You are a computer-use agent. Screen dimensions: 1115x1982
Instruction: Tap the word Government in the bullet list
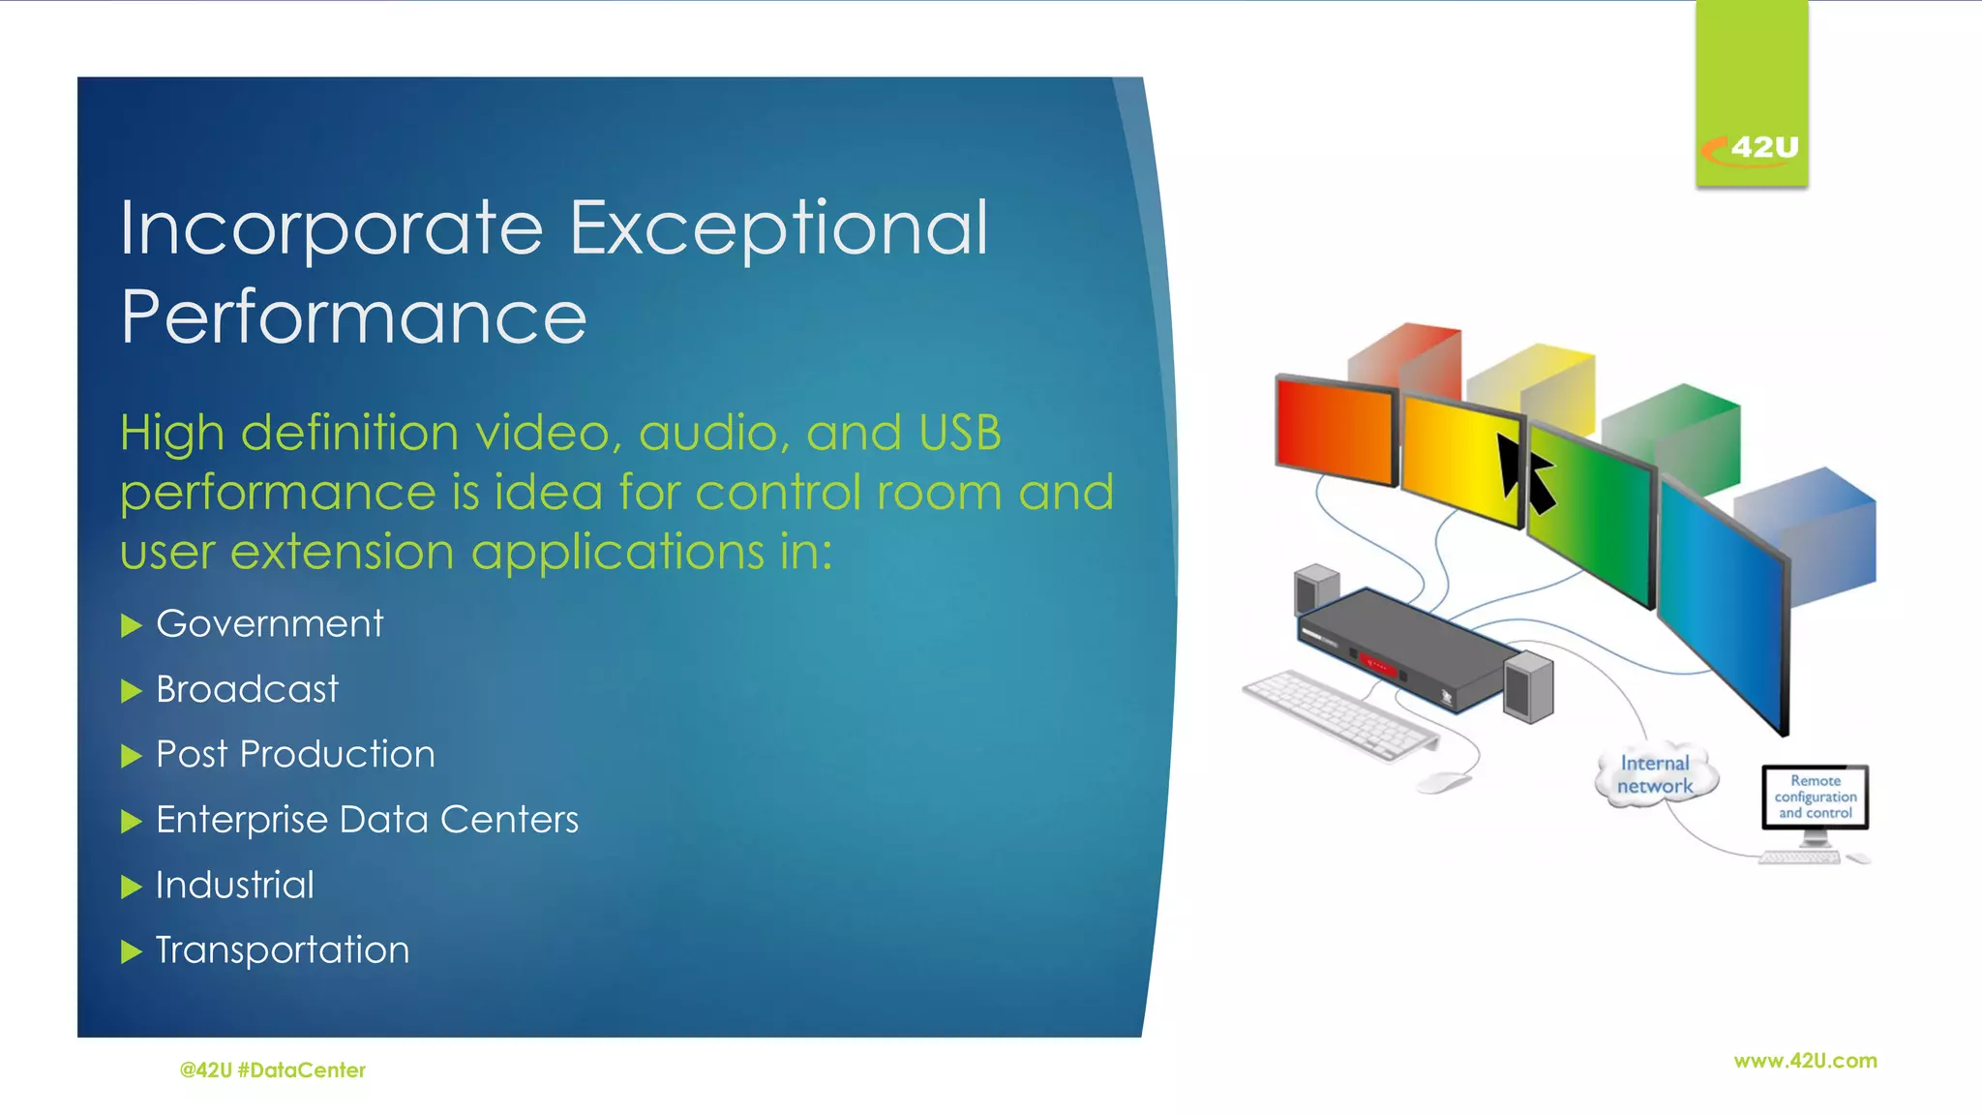270,624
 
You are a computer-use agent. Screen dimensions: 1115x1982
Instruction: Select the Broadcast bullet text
248,690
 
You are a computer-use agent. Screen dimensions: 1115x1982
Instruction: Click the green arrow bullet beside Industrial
132,887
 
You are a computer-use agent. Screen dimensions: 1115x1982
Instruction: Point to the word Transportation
283,950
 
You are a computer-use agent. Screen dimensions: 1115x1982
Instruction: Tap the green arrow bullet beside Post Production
132,756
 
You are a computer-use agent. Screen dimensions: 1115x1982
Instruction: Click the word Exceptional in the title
779,228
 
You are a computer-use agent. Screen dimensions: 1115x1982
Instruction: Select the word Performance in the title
354,317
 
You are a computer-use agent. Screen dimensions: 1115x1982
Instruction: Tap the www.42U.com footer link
1805,1061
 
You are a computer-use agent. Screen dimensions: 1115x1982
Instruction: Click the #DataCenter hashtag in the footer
301,1070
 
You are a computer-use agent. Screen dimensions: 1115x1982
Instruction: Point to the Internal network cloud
1655,775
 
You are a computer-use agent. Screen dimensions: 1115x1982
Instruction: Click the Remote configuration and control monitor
1815,797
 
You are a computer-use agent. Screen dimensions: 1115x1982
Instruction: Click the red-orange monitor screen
1335,432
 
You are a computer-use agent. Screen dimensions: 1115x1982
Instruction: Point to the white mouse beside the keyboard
1443,781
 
